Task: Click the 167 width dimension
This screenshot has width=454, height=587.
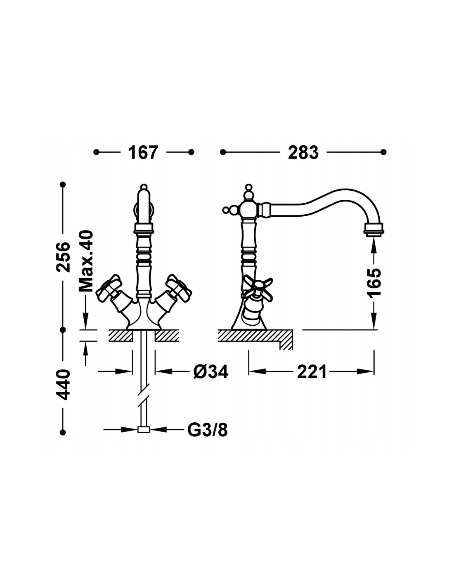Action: point(143,152)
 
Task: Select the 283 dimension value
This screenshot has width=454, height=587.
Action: point(303,152)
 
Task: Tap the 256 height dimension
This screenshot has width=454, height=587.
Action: point(63,257)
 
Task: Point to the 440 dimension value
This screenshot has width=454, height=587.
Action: point(63,385)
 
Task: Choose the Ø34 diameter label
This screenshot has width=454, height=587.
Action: point(210,372)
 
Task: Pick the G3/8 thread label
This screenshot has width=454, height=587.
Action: point(207,430)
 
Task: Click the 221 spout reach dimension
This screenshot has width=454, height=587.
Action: point(312,372)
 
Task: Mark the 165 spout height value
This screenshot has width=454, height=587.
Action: point(375,282)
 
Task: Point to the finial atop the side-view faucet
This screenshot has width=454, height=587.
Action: point(248,190)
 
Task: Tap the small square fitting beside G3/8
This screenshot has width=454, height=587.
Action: point(143,430)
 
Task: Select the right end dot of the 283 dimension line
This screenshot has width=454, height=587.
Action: point(383,152)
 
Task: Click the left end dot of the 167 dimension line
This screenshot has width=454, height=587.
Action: point(97,152)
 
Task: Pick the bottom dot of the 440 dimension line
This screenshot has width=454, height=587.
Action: point(63,432)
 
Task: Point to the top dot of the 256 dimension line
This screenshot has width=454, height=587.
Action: point(63,184)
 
